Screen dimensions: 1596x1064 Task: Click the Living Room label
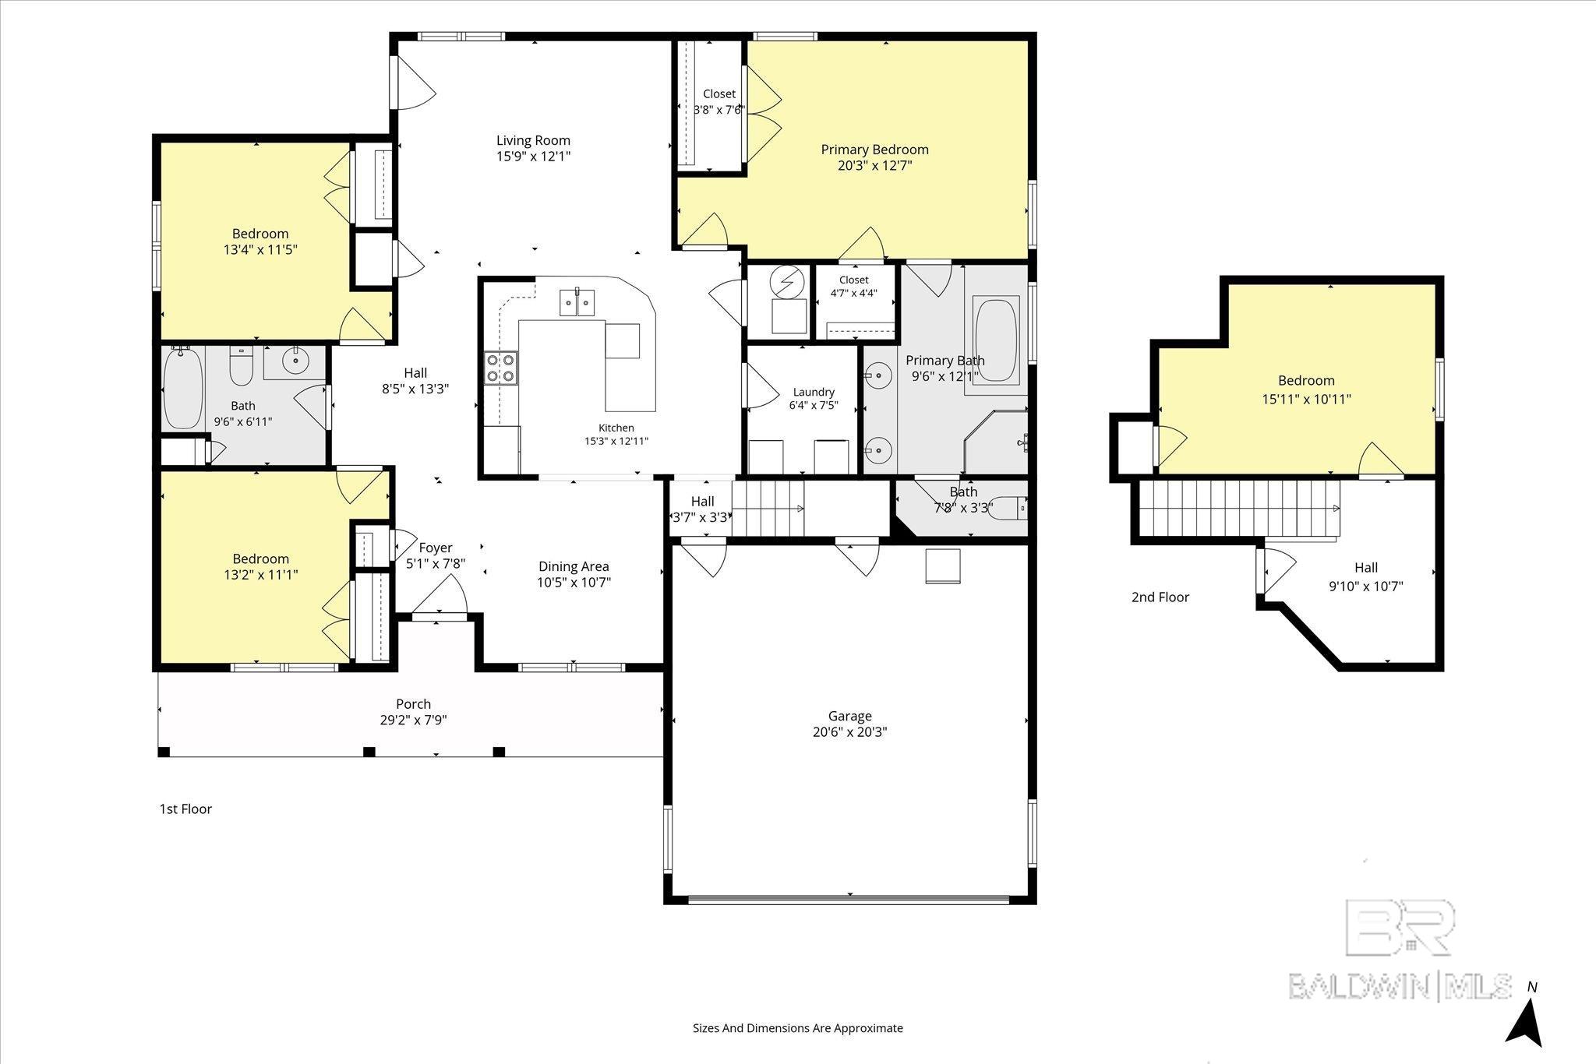pos(534,141)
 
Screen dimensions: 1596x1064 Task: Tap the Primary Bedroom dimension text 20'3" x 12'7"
pos(875,165)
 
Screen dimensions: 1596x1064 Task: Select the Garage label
pos(849,716)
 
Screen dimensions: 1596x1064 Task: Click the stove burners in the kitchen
pos(501,368)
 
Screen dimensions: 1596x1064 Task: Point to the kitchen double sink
pos(577,302)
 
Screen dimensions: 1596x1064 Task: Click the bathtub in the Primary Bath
pos(996,340)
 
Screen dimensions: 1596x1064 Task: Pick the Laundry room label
pos(814,392)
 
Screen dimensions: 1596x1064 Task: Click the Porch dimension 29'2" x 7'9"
pos(413,720)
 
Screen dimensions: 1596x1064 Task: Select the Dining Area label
pos(574,567)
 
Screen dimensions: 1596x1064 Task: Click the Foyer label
pos(436,548)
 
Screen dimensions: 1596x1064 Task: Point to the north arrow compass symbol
pos(1524,1020)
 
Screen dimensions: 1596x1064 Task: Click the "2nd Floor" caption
pos(1160,597)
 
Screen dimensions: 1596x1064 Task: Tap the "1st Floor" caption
pos(185,809)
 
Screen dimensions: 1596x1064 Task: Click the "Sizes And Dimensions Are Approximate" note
pos(798,1028)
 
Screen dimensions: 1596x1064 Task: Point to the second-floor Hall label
pos(1366,568)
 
